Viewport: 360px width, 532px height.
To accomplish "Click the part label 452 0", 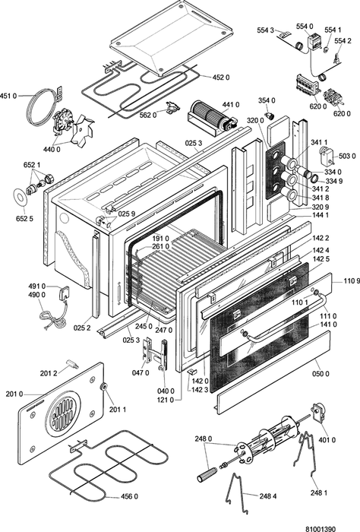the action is click(x=221, y=78).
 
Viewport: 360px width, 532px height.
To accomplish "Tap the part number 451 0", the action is click(x=8, y=96).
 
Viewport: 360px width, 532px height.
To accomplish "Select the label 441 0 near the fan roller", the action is click(x=231, y=105).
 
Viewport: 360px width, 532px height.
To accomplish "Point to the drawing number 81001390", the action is click(x=321, y=529).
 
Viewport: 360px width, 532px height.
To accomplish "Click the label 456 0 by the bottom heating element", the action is click(x=129, y=496).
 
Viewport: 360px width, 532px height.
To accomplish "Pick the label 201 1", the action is click(x=118, y=410).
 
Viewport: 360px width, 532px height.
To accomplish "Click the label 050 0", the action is click(x=321, y=374).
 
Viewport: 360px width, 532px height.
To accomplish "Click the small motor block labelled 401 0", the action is click(x=318, y=412).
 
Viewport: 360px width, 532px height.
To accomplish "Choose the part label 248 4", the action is click(x=268, y=496).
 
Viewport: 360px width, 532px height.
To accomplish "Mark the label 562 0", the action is click(x=148, y=116).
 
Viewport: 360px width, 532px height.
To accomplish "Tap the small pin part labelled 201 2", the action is click(x=73, y=363).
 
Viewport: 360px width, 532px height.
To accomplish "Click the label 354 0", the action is click(x=267, y=100).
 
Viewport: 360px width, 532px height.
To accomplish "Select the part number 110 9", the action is click(x=352, y=280).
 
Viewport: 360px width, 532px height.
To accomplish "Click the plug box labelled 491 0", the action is click(x=64, y=293).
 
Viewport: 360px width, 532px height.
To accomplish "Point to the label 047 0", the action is click(x=141, y=373).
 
